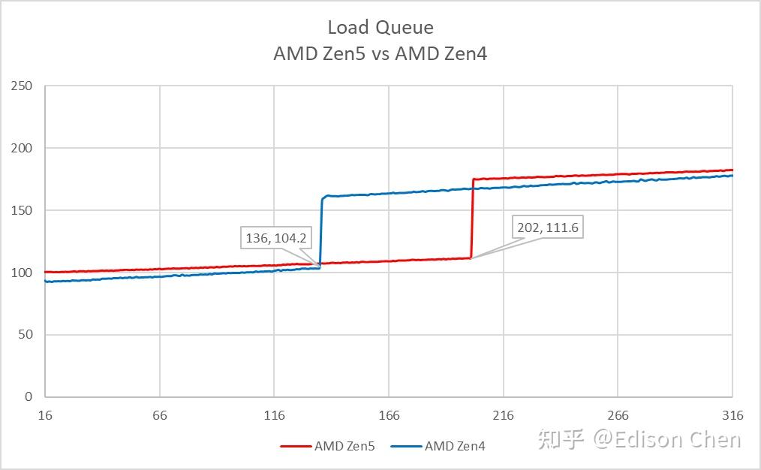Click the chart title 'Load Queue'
coord(380,28)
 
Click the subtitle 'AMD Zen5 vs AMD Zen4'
coord(380,53)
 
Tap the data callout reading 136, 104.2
coord(276,239)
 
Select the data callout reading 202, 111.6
coord(548,227)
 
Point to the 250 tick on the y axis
coord(23,86)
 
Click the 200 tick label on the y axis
coord(23,148)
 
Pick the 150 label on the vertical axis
coord(23,210)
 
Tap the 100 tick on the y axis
coord(23,273)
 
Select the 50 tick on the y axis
coord(26,335)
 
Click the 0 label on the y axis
coord(29,396)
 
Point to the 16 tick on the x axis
coord(46,415)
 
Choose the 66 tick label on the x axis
coord(160,415)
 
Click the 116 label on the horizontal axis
coord(275,415)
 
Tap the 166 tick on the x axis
coord(389,415)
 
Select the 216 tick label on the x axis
coord(504,415)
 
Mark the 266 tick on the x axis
coord(618,415)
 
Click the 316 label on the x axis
coord(732,415)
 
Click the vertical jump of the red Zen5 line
coord(472,218)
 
